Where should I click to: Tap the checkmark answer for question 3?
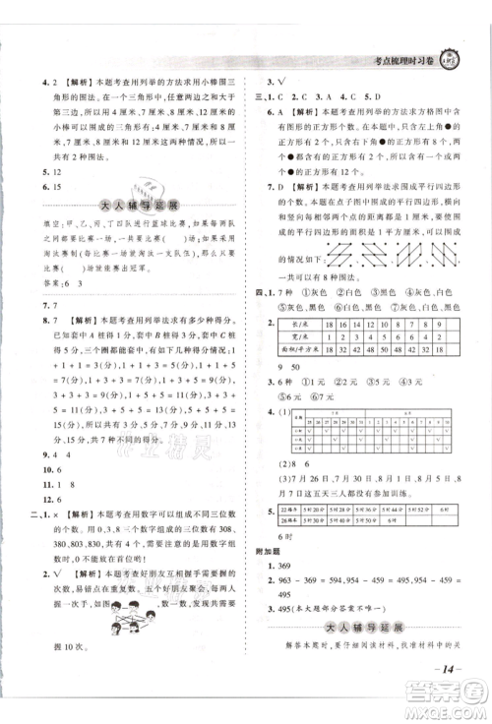(289, 81)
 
